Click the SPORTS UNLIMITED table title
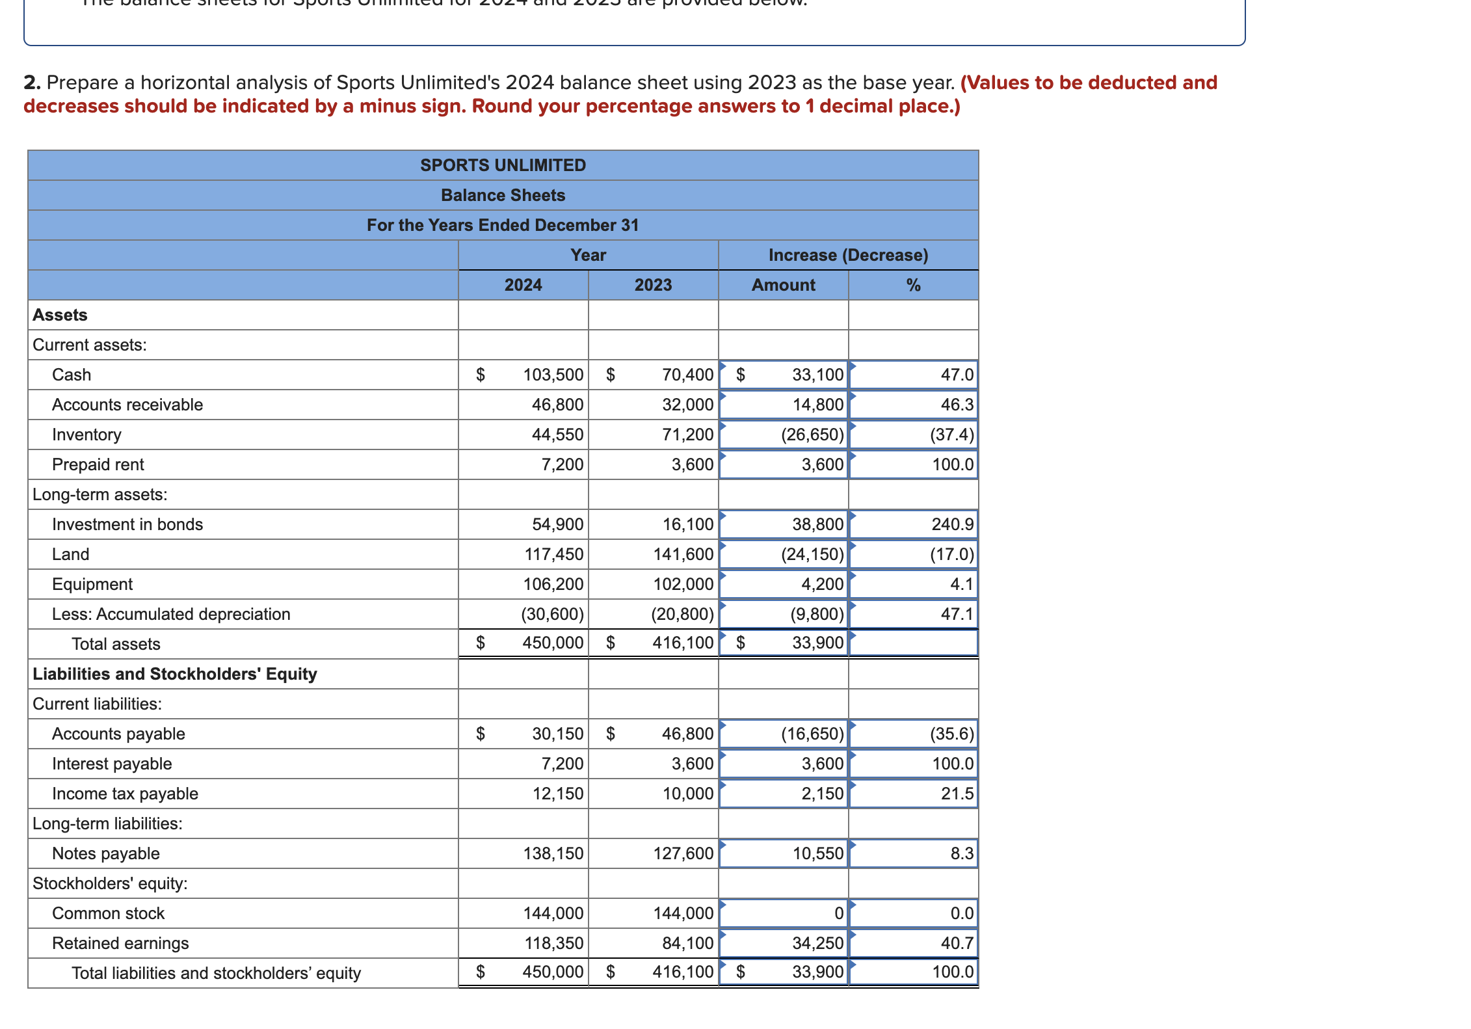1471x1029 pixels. [x=503, y=165]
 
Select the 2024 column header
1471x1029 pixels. [x=523, y=285]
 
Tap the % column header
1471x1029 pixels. [x=913, y=285]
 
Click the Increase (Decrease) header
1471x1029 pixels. [x=848, y=255]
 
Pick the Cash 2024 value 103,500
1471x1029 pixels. [x=553, y=375]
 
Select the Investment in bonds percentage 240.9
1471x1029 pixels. [x=952, y=524]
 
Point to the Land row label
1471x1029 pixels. [x=71, y=554]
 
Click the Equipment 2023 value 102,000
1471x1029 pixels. [x=683, y=584]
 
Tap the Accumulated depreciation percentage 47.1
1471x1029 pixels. [x=957, y=614]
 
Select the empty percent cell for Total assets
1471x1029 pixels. [x=913, y=643]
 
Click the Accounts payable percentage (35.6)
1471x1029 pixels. [x=951, y=734]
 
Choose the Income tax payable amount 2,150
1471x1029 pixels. [x=822, y=794]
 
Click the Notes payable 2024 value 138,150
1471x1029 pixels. [x=553, y=853]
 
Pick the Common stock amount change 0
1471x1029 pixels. [x=838, y=913]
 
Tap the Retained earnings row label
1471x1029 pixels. [x=120, y=943]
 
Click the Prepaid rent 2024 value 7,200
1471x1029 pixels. [x=562, y=464]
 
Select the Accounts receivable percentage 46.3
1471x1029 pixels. [x=957, y=405]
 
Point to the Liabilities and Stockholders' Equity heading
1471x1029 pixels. [x=175, y=674]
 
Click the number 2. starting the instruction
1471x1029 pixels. [x=32, y=83]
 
